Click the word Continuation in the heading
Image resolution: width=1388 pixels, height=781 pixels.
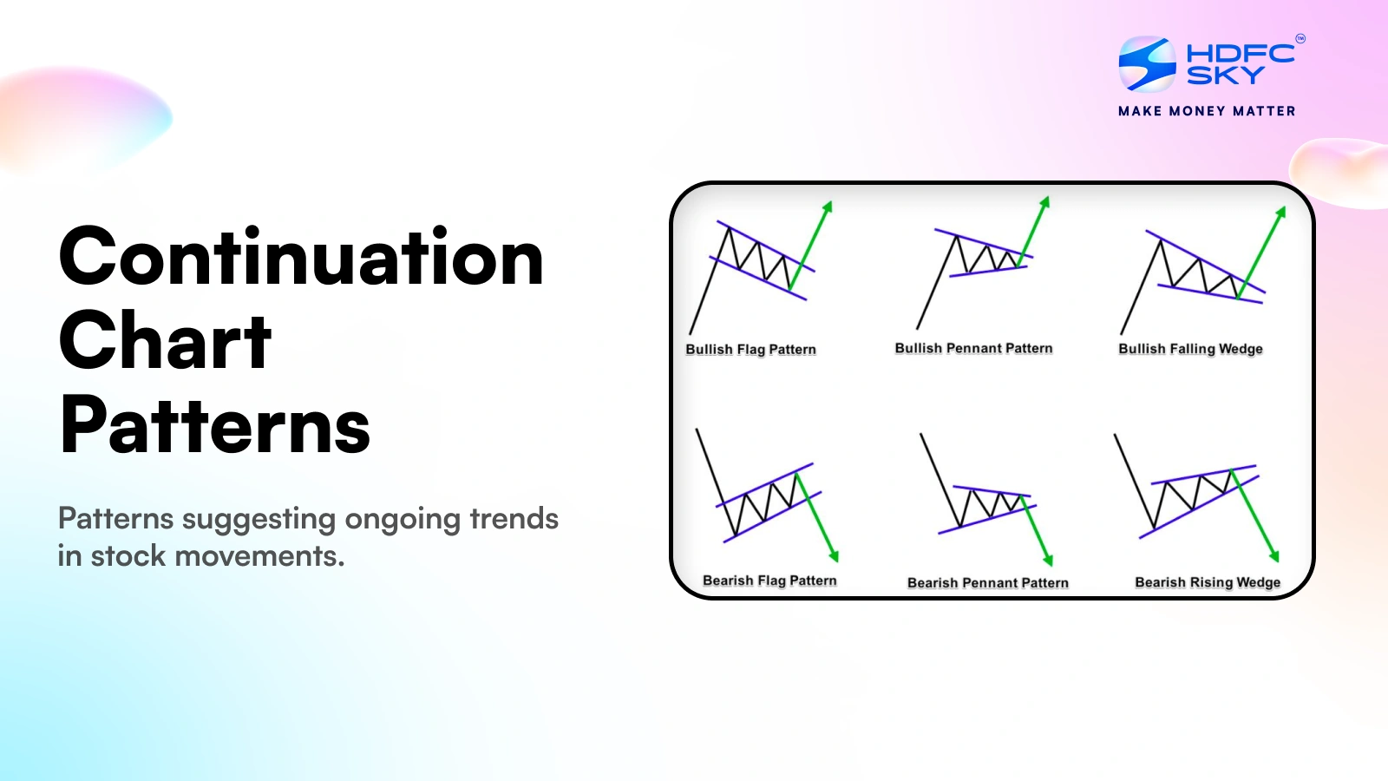tap(301, 258)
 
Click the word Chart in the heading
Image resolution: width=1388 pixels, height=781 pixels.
tap(165, 342)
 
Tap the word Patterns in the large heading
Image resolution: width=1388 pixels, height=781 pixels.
tap(214, 425)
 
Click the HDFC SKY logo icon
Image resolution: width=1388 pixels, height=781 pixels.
tap(1147, 64)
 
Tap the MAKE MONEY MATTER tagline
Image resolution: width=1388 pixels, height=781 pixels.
tap(1207, 111)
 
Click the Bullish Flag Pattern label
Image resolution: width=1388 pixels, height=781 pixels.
tap(750, 349)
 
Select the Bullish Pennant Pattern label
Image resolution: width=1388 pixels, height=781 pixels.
tap(973, 348)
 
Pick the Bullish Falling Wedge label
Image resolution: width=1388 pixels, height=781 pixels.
tap(1190, 349)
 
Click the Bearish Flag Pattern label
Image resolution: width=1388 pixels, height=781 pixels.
tap(769, 581)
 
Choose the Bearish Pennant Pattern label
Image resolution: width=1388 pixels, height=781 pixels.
tap(987, 583)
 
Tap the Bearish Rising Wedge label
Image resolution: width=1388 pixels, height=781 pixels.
tap(1207, 582)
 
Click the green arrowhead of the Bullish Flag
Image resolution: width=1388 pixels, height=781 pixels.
tap(828, 207)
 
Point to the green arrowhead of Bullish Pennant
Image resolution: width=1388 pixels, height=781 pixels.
tap(1045, 202)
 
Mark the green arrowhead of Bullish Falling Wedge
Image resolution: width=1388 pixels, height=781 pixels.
tap(1280, 212)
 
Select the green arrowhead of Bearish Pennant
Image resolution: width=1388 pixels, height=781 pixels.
tap(1048, 559)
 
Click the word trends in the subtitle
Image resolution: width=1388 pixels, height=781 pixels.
tap(514, 519)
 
